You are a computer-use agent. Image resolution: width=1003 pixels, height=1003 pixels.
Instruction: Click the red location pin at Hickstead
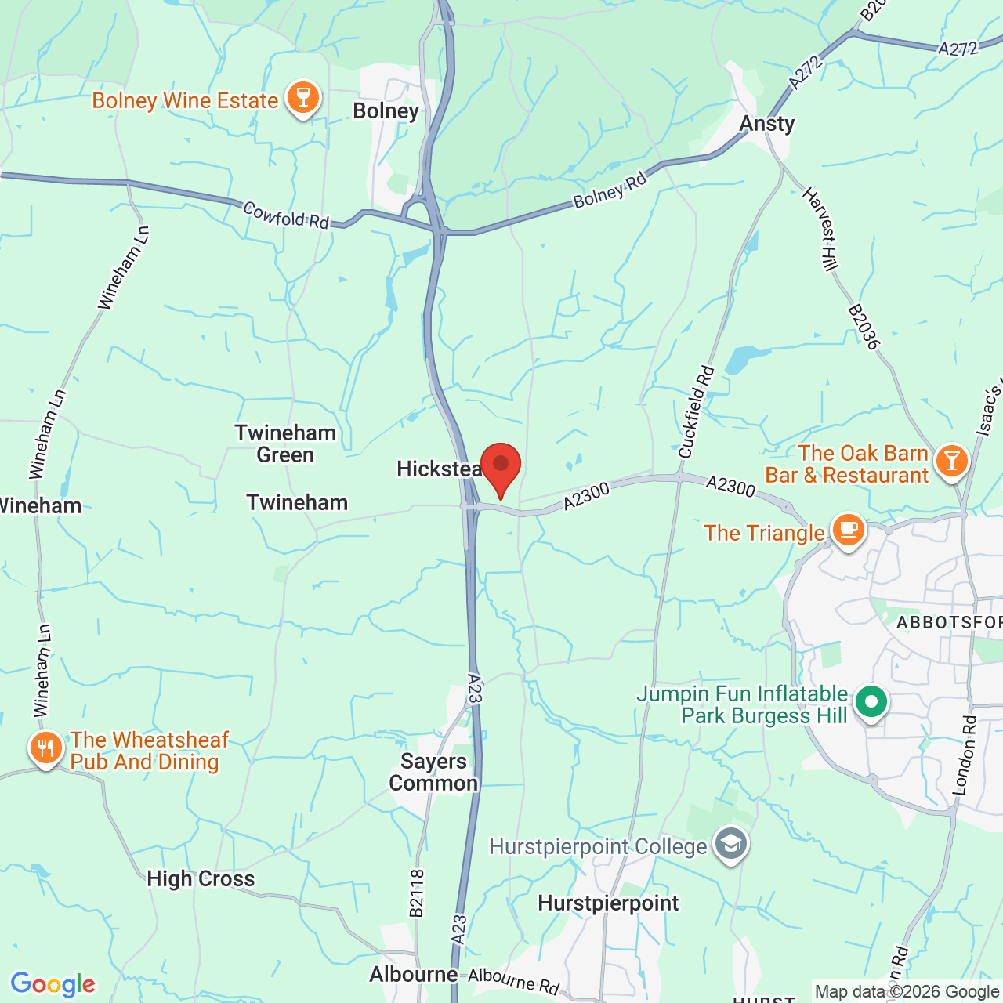click(x=500, y=467)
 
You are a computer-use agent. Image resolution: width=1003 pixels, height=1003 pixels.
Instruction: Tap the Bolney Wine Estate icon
click(x=302, y=99)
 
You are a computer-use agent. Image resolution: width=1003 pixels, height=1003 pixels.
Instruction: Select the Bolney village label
click(x=386, y=110)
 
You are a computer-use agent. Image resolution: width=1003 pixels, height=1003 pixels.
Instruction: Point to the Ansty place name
click(x=767, y=124)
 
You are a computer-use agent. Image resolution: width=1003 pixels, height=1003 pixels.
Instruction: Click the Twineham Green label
click(x=285, y=444)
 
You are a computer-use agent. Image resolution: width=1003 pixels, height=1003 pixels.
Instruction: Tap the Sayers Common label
click(x=433, y=772)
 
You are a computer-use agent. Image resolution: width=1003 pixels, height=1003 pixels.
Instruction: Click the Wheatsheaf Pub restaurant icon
click(x=46, y=749)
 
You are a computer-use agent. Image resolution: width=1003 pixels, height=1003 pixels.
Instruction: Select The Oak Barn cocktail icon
click(x=951, y=461)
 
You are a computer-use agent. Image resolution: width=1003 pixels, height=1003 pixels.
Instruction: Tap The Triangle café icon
click(x=848, y=530)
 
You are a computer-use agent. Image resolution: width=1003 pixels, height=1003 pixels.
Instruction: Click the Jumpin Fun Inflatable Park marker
click(x=871, y=702)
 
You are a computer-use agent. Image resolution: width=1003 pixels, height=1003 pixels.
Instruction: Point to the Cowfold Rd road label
click(x=286, y=215)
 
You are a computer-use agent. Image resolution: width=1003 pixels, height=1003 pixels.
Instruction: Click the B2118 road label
click(x=416, y=893)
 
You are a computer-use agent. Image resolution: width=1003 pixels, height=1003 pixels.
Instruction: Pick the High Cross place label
click(x=201, y=879)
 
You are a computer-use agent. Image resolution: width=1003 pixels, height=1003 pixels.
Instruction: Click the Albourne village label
click(x=414, y=974)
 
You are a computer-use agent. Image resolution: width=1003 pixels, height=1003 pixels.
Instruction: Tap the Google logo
click(x=53, y=984)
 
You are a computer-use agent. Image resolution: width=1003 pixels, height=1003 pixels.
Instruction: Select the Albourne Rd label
click(x=514, y=981)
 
